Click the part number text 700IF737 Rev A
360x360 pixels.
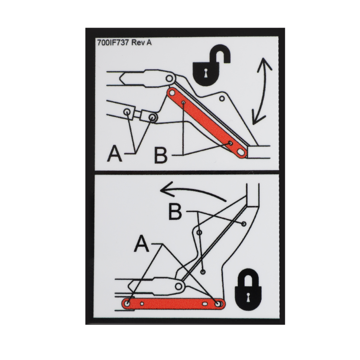tap(124, 43)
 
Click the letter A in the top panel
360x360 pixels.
tap(115, 154)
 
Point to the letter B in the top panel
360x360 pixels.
tap(161, 156)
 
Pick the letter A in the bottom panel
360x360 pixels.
tap(141, 244)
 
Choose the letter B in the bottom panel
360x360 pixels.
tap(175, 212)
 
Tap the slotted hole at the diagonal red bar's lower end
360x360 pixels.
tap(241, 152)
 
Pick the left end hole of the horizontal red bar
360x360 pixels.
tap(127, 304)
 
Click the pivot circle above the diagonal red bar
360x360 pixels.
tap(170, 79)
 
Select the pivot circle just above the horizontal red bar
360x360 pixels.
tap(179, 287)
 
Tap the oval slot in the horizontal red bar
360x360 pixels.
tap(204, 304)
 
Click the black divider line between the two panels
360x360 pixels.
tap(185, 172)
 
